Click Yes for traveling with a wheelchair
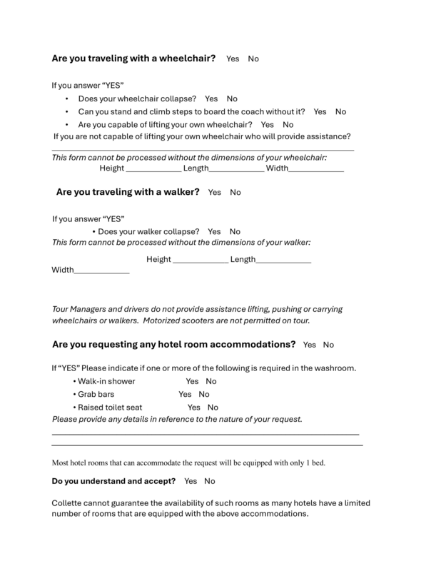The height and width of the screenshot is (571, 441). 233,59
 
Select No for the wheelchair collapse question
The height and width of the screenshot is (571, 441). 232,98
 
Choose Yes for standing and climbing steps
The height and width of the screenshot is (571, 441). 320,111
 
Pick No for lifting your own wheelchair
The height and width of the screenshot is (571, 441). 288,124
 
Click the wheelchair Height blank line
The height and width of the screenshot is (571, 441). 153,170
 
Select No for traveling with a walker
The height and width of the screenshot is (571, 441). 235,192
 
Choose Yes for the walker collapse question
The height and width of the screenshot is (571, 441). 214,231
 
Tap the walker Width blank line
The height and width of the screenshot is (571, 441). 101,272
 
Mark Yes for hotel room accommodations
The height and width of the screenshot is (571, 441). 310,345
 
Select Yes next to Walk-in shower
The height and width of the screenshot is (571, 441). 192,381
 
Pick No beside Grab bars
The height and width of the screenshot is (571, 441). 204,394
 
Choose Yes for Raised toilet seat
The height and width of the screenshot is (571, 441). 193,407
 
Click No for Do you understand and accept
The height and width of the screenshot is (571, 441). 210,481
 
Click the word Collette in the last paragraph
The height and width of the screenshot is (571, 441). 69,502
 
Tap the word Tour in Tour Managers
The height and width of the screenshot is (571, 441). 61,309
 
